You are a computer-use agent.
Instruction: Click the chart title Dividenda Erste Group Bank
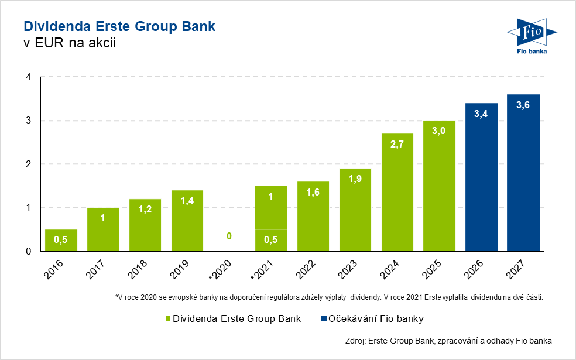(119, 26)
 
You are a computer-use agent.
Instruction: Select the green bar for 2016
(61, 240)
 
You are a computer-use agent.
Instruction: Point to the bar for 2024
(397, 193)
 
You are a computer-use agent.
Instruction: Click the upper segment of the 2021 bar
(271, 207)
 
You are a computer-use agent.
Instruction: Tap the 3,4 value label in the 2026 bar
(481, 114)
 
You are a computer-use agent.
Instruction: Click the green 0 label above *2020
(229, 236)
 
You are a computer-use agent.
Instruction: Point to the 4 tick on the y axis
(28, 77)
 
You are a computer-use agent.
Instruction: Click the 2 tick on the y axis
(28, 164)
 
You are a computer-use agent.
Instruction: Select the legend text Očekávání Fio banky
(375, 319)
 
